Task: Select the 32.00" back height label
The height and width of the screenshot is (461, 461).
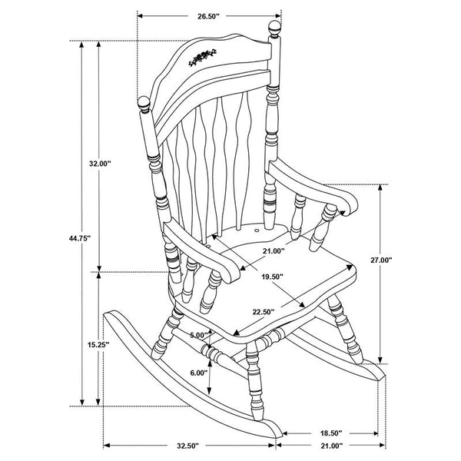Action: click(x=100, y=164)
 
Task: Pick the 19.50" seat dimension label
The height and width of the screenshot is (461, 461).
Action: click(x=271, y=277)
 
